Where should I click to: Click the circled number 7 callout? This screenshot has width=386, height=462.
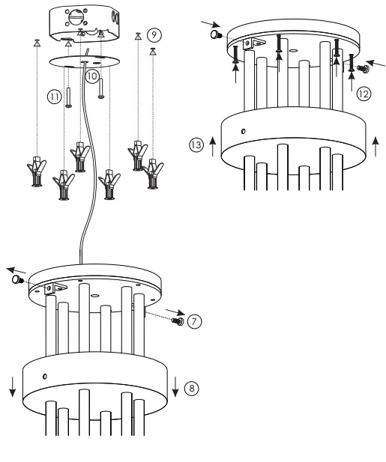coord(193,320)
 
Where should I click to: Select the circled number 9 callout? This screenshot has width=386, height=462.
coord(154,34)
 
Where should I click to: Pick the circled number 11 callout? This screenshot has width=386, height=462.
coord(54,97)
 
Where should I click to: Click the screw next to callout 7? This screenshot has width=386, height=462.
coord(178,321)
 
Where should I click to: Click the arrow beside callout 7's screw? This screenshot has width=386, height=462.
coord(173,310)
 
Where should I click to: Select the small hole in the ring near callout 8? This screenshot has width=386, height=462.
coord(44,375)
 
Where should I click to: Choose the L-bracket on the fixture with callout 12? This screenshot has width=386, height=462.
coord(259,47)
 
